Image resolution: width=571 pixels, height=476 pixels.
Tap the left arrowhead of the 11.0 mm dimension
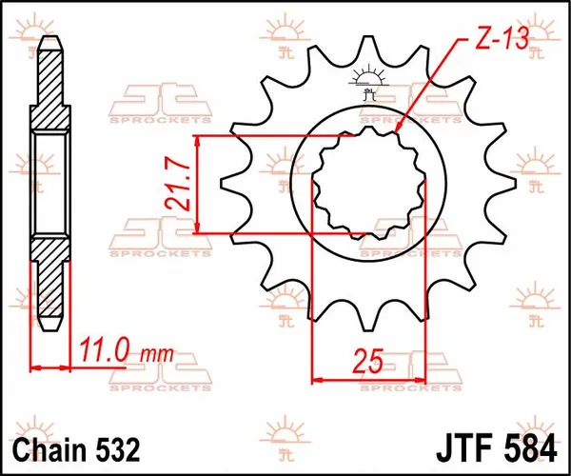[36, 367]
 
